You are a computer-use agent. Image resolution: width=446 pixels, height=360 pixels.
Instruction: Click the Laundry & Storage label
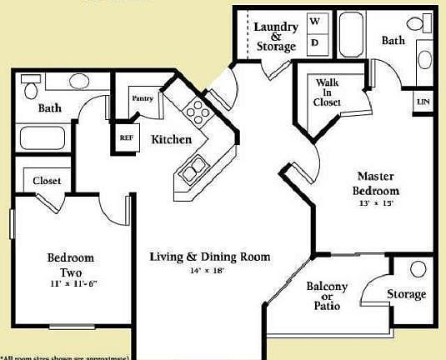[x=275, y=37]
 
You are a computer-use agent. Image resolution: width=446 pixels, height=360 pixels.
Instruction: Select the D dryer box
[x=316, y=42]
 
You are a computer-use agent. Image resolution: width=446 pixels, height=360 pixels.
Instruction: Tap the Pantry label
[x=143, y=98]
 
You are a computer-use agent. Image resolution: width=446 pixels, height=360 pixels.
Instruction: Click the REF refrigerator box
[x=126, y=138]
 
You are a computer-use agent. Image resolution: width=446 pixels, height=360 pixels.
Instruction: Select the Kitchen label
[x=171, y=139]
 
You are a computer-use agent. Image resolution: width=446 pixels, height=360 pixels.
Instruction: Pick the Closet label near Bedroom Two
[x=47, y=181]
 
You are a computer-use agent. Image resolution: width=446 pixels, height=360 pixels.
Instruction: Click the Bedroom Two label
[x=70, y=265]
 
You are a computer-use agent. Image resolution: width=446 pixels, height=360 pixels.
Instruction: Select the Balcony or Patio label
[x=327, y=294]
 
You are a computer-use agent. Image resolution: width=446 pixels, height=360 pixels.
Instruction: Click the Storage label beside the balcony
[x=406, y=294]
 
